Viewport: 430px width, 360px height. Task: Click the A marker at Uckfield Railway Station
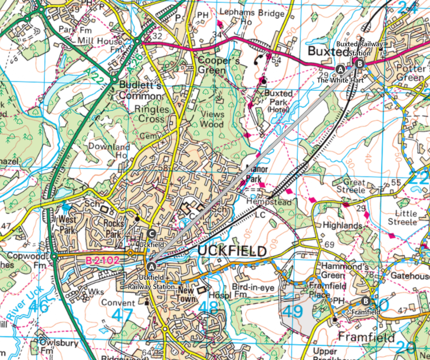point(152,266)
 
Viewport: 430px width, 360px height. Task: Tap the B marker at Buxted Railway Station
point(360,64)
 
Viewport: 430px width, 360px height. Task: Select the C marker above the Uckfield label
point(151,232)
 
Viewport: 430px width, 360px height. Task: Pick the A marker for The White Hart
point(340,69)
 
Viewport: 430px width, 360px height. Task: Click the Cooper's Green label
point(212,65)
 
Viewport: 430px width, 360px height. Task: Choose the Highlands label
point(343,226)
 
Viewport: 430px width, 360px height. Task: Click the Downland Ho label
point(105,150)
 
